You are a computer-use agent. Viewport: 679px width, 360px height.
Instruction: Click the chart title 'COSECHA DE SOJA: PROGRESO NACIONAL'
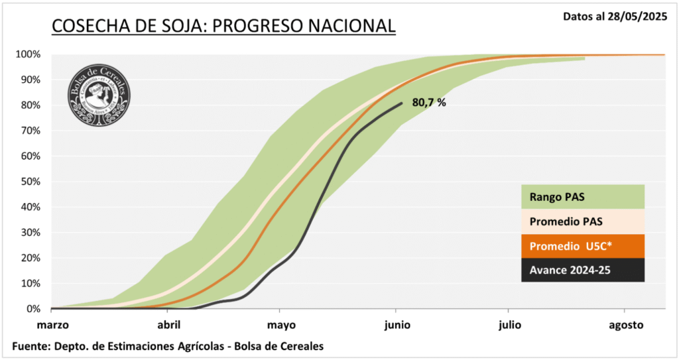coord(223,26)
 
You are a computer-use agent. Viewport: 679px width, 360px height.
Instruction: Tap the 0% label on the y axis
coord(33,309)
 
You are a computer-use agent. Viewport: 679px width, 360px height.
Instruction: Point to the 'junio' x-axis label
coord(396,325)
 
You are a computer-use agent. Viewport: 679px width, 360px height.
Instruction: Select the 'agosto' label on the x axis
coord(625,325)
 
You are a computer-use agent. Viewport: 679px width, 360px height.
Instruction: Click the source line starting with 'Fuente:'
coord(168,346)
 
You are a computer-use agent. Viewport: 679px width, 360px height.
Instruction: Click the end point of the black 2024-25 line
coord(402,103)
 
